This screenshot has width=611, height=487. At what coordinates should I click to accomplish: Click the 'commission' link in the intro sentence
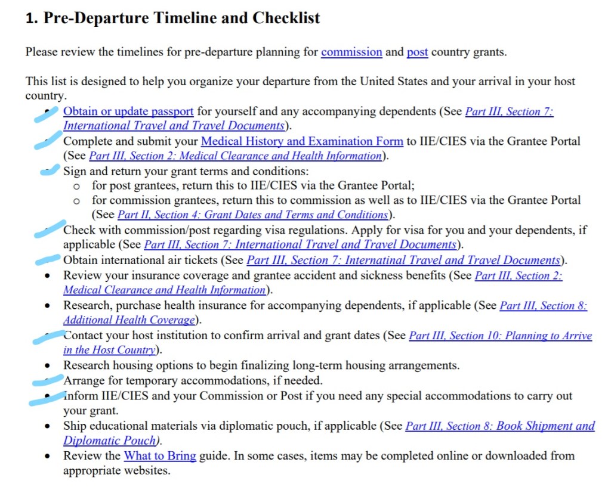pos(351,52)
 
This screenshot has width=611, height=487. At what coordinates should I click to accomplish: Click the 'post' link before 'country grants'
pos(417,52)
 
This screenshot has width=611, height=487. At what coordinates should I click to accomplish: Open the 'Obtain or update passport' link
pos(128,111)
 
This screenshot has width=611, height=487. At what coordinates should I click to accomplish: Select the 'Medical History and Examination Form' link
pos(302,141)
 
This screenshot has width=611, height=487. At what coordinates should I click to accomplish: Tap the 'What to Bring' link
pos(160,456)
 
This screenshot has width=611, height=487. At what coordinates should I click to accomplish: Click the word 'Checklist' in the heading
pos(286,18)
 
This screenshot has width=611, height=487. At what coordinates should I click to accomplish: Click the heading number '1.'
pos(32,18)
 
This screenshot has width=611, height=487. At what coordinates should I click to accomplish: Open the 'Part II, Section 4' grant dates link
pos(252,215)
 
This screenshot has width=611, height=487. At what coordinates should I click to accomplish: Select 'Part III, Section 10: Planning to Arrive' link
pos(500,336)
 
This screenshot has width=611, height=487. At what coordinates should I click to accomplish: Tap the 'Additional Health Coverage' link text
pos(129,320)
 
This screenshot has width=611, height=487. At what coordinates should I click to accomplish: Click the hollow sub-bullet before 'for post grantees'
pos(76,186)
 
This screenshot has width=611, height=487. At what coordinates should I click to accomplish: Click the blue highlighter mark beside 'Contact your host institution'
pos(48,337)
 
